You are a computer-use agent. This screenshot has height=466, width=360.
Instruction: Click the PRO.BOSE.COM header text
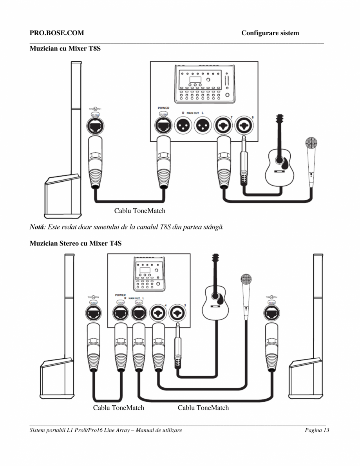tap(57, 33)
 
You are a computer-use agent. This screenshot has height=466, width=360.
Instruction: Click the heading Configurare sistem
tap(270, 33)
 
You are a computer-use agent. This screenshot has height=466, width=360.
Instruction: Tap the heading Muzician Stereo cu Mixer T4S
tap(76, 243)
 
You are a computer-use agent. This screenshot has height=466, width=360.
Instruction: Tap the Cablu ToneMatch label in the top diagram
tap(139, 211)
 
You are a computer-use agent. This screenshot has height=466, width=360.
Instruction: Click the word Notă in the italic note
tap(37, 227)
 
